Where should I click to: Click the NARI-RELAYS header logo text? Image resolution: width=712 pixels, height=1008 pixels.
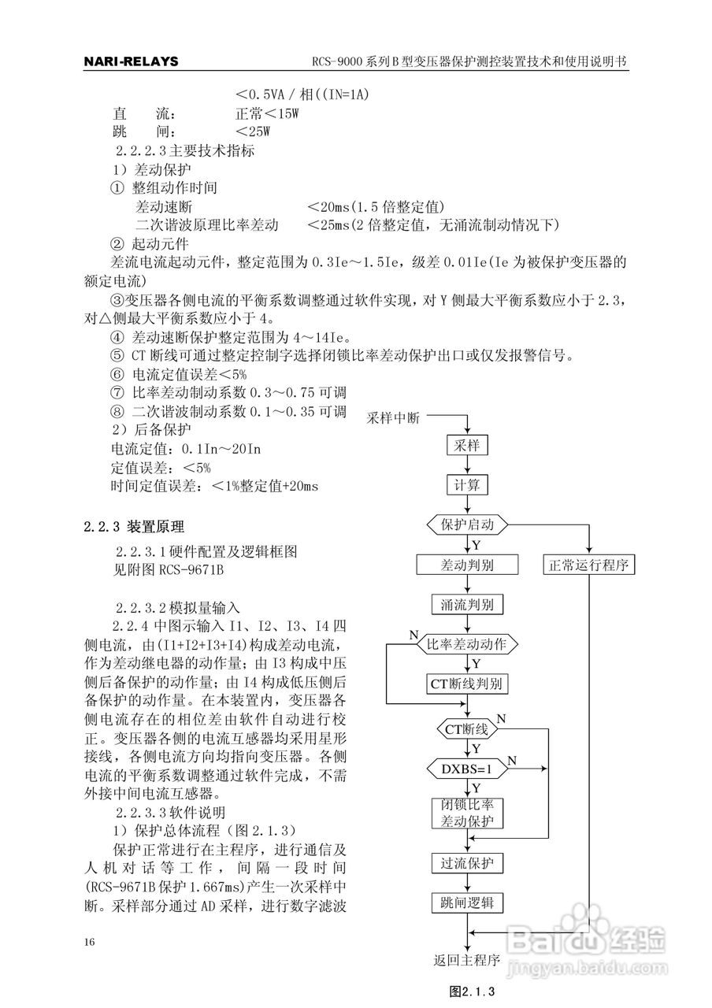[x=131, y=62]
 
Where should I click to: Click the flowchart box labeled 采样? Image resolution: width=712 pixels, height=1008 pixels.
[x=467, y=446]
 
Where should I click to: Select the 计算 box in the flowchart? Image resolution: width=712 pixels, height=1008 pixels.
[x=467, y=484]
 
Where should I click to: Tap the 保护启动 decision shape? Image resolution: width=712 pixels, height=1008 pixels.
[x=467, y=524]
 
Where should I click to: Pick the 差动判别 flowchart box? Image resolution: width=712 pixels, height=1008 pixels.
[x=467, y=565]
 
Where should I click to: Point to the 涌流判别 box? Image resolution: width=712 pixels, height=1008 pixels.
[x=467, y=605]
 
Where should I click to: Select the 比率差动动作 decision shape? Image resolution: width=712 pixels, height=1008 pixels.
[x=467, y=644]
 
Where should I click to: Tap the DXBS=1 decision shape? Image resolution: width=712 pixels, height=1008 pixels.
[x=466, y=768]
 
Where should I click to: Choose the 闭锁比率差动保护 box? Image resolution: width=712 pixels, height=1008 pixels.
[x=467, y=814]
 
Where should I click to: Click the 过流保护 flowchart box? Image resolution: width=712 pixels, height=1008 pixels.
[x=467, y=863]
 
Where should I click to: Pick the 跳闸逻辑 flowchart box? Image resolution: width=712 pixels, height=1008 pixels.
[x=467, y=902]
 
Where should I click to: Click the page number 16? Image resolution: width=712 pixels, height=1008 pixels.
[x=89, y=943]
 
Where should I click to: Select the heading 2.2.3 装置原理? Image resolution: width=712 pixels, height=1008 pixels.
[x=135, y=527]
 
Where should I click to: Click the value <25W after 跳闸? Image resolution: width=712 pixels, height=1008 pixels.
[x=252, y=131]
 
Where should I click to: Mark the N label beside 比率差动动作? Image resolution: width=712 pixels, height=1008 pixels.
[x=413, y=635]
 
